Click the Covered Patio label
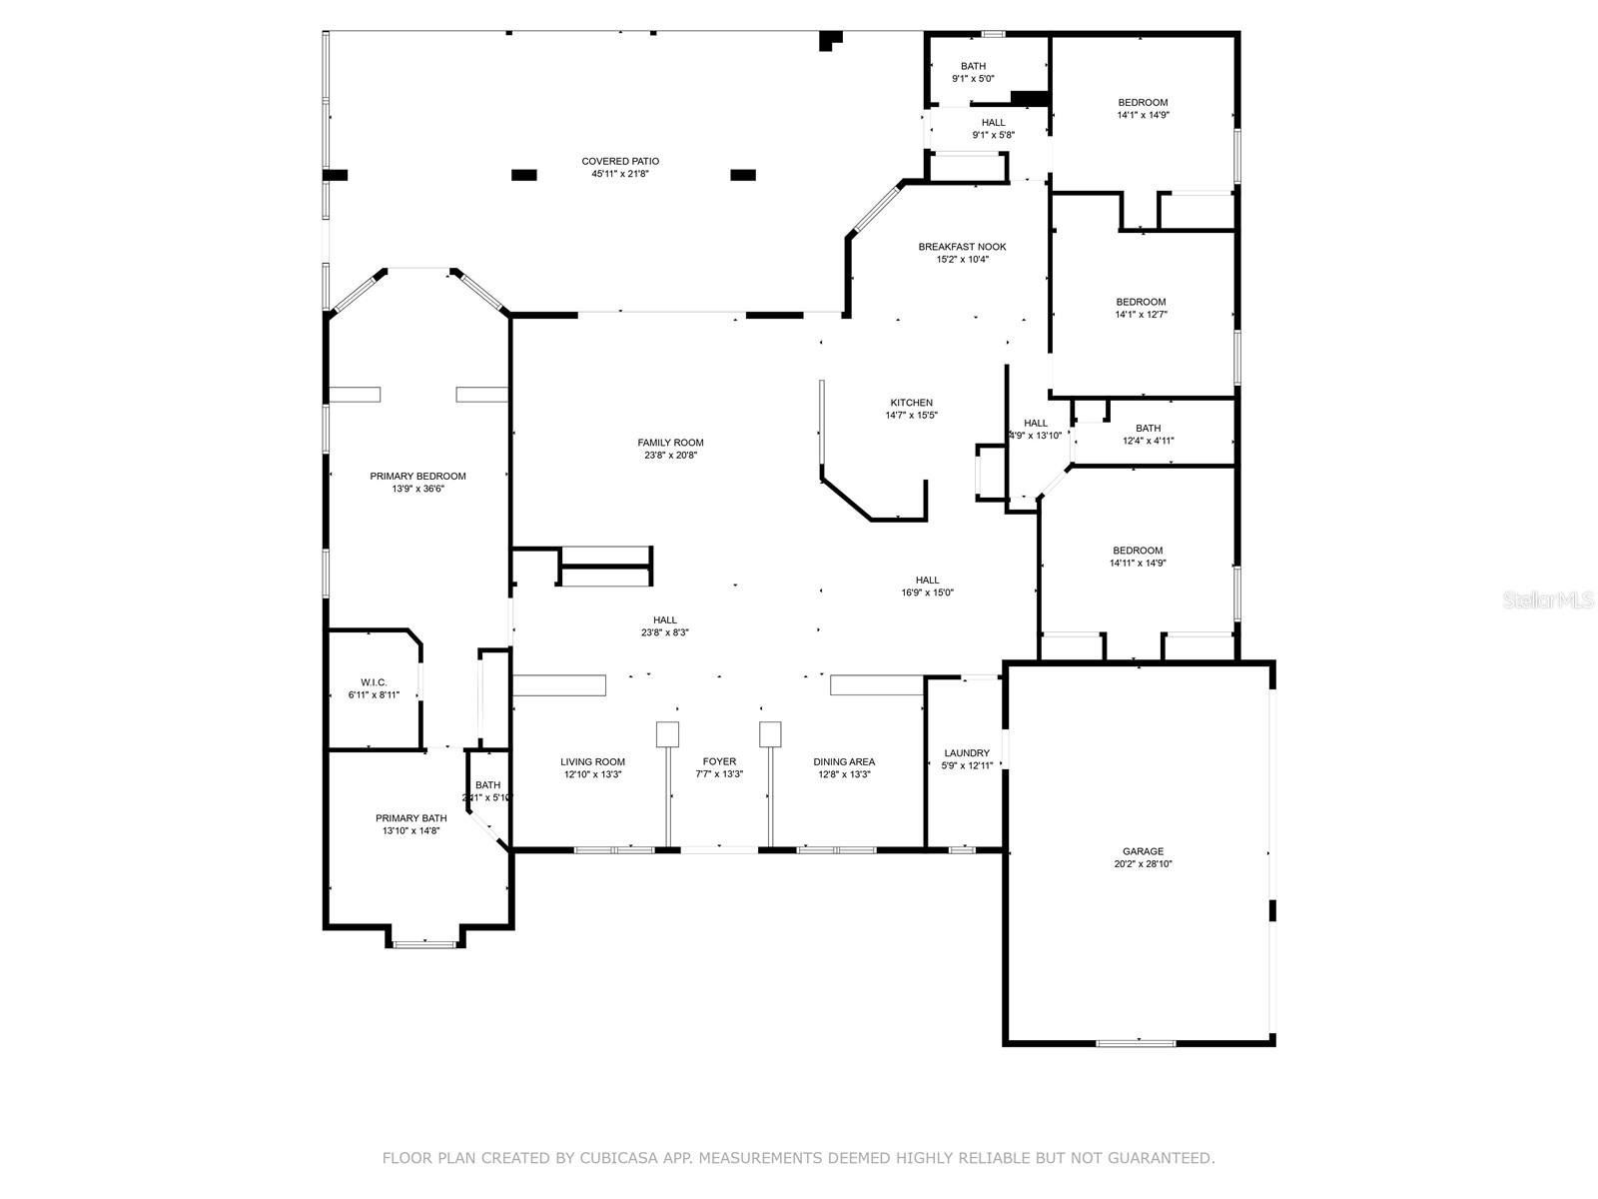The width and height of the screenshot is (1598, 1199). click(x=620, y=161)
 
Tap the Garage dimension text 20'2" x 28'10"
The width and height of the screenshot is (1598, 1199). click(x=1143, y=864)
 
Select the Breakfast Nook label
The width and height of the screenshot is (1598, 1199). click(x=962, y=247)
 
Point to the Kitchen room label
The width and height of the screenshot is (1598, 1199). click(x=911, y=403)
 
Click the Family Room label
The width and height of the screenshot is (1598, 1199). click(x=670, y=443)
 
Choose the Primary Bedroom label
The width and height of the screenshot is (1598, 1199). click(x=417, y=477)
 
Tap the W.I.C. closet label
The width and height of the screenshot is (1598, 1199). click(x=374, y=682)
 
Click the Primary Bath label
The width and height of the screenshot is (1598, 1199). click(x=410, y=818)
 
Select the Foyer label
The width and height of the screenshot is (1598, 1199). click(x=719, y=761)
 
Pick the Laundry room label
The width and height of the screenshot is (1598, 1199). click(x=966, y=753)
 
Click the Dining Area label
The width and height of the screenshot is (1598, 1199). click(x=845, y=761)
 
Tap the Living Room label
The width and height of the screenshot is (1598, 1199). click(x=592, y=761)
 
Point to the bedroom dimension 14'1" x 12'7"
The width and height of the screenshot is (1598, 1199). click(x=1141, y=315)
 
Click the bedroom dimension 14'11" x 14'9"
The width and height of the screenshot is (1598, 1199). click(x=1138, y=564)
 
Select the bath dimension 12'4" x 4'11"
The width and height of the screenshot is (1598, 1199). click(x=1148, y=441)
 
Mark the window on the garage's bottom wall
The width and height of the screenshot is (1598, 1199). click(x=1136, y=1043)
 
